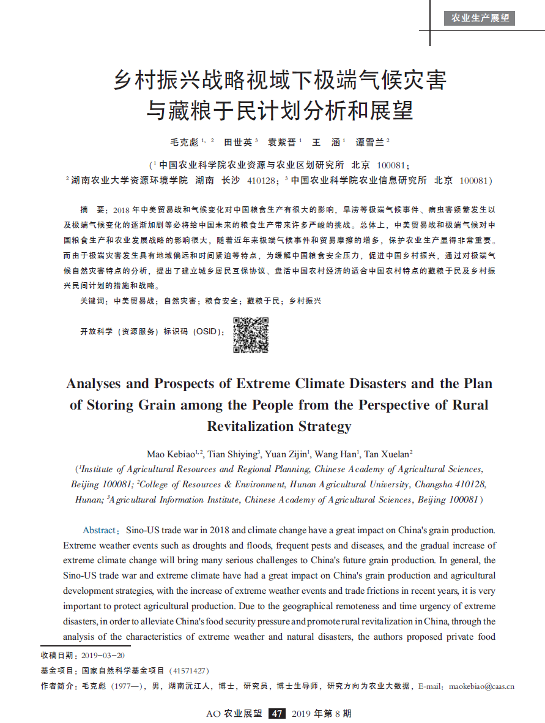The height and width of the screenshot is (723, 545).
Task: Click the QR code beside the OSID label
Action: [x=251, y=335]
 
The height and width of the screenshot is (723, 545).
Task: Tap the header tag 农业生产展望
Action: [x=480, y=18]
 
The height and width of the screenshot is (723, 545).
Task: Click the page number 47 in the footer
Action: [x=278, y=713]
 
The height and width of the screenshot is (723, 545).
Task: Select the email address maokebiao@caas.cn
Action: [x=481, y=686]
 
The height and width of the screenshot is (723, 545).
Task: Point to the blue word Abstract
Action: [x=99, y=530]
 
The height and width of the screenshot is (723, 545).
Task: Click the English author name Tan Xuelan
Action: [x=387, y=454]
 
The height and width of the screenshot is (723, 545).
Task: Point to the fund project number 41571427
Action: [x=190, y=671]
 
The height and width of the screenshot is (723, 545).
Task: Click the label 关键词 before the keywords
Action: [x=92, y=301]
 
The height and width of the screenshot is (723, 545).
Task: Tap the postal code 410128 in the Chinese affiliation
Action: [x=260, y=181]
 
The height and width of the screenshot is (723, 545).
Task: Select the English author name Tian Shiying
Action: [x=233, y=454]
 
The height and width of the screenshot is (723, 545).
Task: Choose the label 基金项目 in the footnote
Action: [x=58, y=671]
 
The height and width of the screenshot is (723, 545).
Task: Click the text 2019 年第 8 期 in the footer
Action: [x=322, y=713]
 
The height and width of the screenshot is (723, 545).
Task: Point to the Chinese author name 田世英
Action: [x=237, y=142]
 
